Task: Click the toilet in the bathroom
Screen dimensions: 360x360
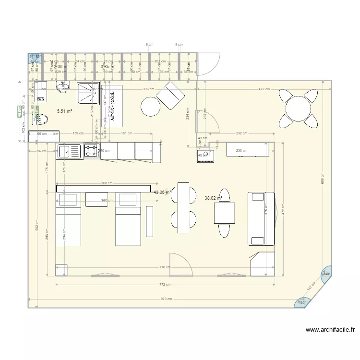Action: tap(41, 119)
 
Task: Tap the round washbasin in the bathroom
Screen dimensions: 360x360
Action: tap(63, 86)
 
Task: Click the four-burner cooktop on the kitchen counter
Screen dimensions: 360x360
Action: tap(92, 151)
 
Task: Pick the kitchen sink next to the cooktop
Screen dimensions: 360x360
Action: tap(70, 151)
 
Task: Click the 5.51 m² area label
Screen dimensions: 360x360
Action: tap(64, 111)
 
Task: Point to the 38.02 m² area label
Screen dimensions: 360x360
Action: tap(213, 197)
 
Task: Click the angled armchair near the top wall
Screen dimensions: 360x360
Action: tap(170, 95)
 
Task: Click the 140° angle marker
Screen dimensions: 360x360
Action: tap(326, 274)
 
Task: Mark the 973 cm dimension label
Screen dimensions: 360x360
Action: tap(166, 299)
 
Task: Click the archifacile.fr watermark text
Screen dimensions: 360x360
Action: tap(330, 330)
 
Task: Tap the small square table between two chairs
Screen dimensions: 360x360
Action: tap(224, 213)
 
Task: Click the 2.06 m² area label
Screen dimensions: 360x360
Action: tap(61, 66)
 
